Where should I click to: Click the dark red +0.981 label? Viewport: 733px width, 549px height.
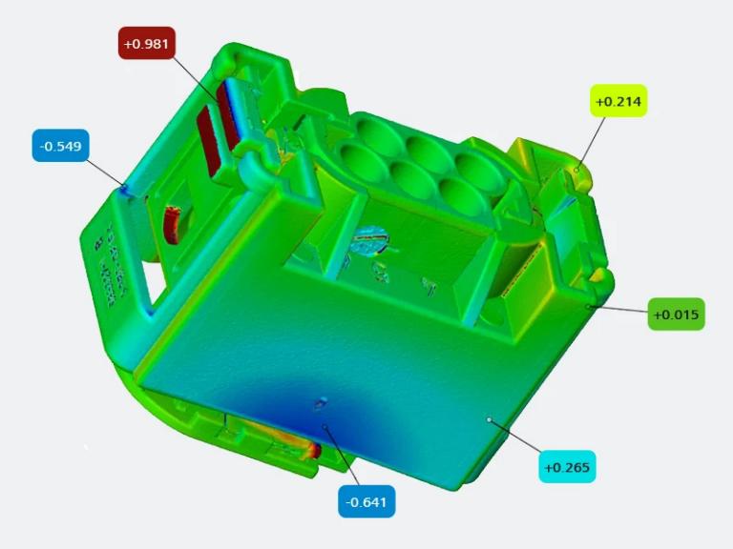point(147,43)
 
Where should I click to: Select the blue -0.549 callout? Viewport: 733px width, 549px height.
point(60,147)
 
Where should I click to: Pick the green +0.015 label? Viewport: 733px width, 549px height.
point(676,315)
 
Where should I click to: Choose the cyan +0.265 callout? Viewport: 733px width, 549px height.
point(567,467)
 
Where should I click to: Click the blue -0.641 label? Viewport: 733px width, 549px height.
point(366,501)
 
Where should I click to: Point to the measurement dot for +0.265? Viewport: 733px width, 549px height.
point(489,418)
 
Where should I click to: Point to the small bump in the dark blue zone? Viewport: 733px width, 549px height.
point(319,404)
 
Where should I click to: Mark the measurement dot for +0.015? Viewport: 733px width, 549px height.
point(588,306)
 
